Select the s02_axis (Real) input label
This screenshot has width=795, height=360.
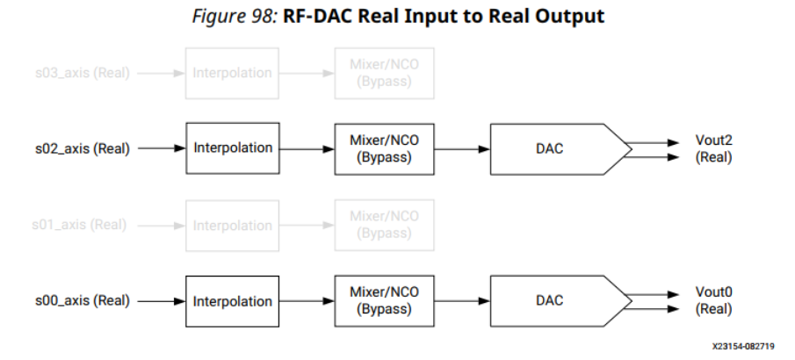click(80, 148)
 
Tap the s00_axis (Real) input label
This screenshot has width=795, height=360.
click(80, 301)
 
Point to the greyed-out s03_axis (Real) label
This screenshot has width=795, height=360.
click(80, 72)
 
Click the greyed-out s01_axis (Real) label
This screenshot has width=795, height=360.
click(80, 225)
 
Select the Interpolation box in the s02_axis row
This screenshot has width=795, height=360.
click(233, 148)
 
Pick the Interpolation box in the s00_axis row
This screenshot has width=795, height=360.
click(233, 301)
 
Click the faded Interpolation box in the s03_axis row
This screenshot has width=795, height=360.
click(233, 72)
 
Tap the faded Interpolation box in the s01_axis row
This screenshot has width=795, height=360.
click(233, 225)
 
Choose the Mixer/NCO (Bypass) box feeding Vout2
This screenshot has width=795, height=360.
click(384, 148)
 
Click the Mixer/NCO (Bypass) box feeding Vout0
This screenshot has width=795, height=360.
click(384, 301)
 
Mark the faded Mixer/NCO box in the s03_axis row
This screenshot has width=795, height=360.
click(384, 72)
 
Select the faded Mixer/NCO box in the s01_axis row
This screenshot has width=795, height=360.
click(384, 225)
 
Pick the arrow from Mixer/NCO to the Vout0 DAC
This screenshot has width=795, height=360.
click(461, 301)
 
